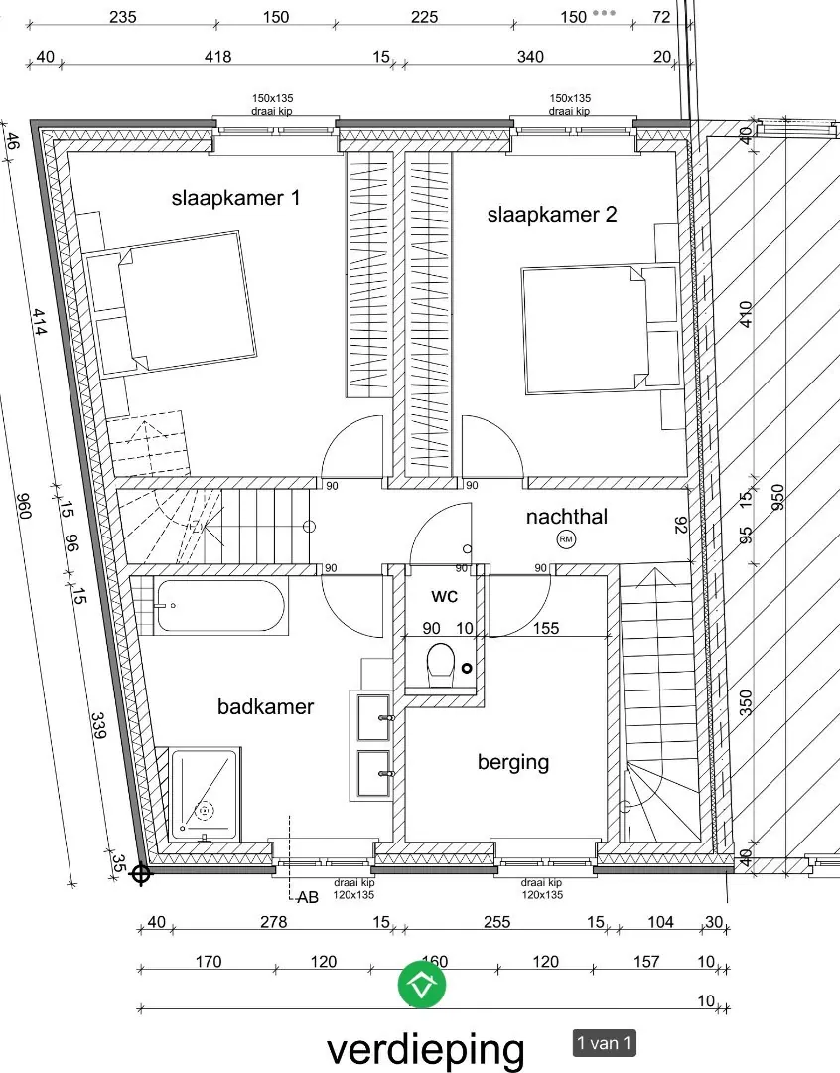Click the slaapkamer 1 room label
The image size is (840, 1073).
235,199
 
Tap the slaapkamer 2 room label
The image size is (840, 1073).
552,215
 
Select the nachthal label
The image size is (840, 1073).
566,516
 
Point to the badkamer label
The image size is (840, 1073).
265,706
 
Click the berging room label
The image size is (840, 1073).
513,762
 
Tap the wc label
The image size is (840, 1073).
444,596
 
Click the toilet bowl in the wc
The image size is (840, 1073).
441,664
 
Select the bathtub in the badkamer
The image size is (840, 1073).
219,606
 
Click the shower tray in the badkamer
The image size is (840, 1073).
204,794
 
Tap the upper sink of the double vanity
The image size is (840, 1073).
373,718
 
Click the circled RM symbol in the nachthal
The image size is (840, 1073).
566,539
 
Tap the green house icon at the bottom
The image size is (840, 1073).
422,985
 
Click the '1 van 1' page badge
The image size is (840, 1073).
604,1043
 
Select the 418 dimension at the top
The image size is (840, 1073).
218,56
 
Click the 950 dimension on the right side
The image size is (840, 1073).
777,497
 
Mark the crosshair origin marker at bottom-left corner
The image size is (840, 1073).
140,874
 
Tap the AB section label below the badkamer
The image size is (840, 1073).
308,897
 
